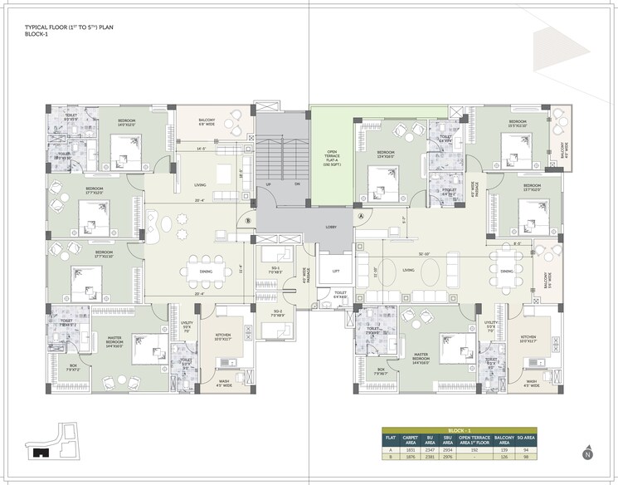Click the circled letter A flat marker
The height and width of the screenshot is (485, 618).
pos(361,215)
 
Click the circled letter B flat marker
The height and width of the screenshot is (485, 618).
pos(248,221)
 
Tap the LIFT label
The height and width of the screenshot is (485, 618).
pos(336,270)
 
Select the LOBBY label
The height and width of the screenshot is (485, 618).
pos(330,226)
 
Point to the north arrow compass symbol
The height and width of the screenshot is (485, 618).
pos(587,453)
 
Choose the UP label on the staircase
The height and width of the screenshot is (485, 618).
pos(268,184)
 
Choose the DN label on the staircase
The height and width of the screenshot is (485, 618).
pos(297,184)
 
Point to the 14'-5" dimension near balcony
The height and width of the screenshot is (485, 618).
pos(200,149)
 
